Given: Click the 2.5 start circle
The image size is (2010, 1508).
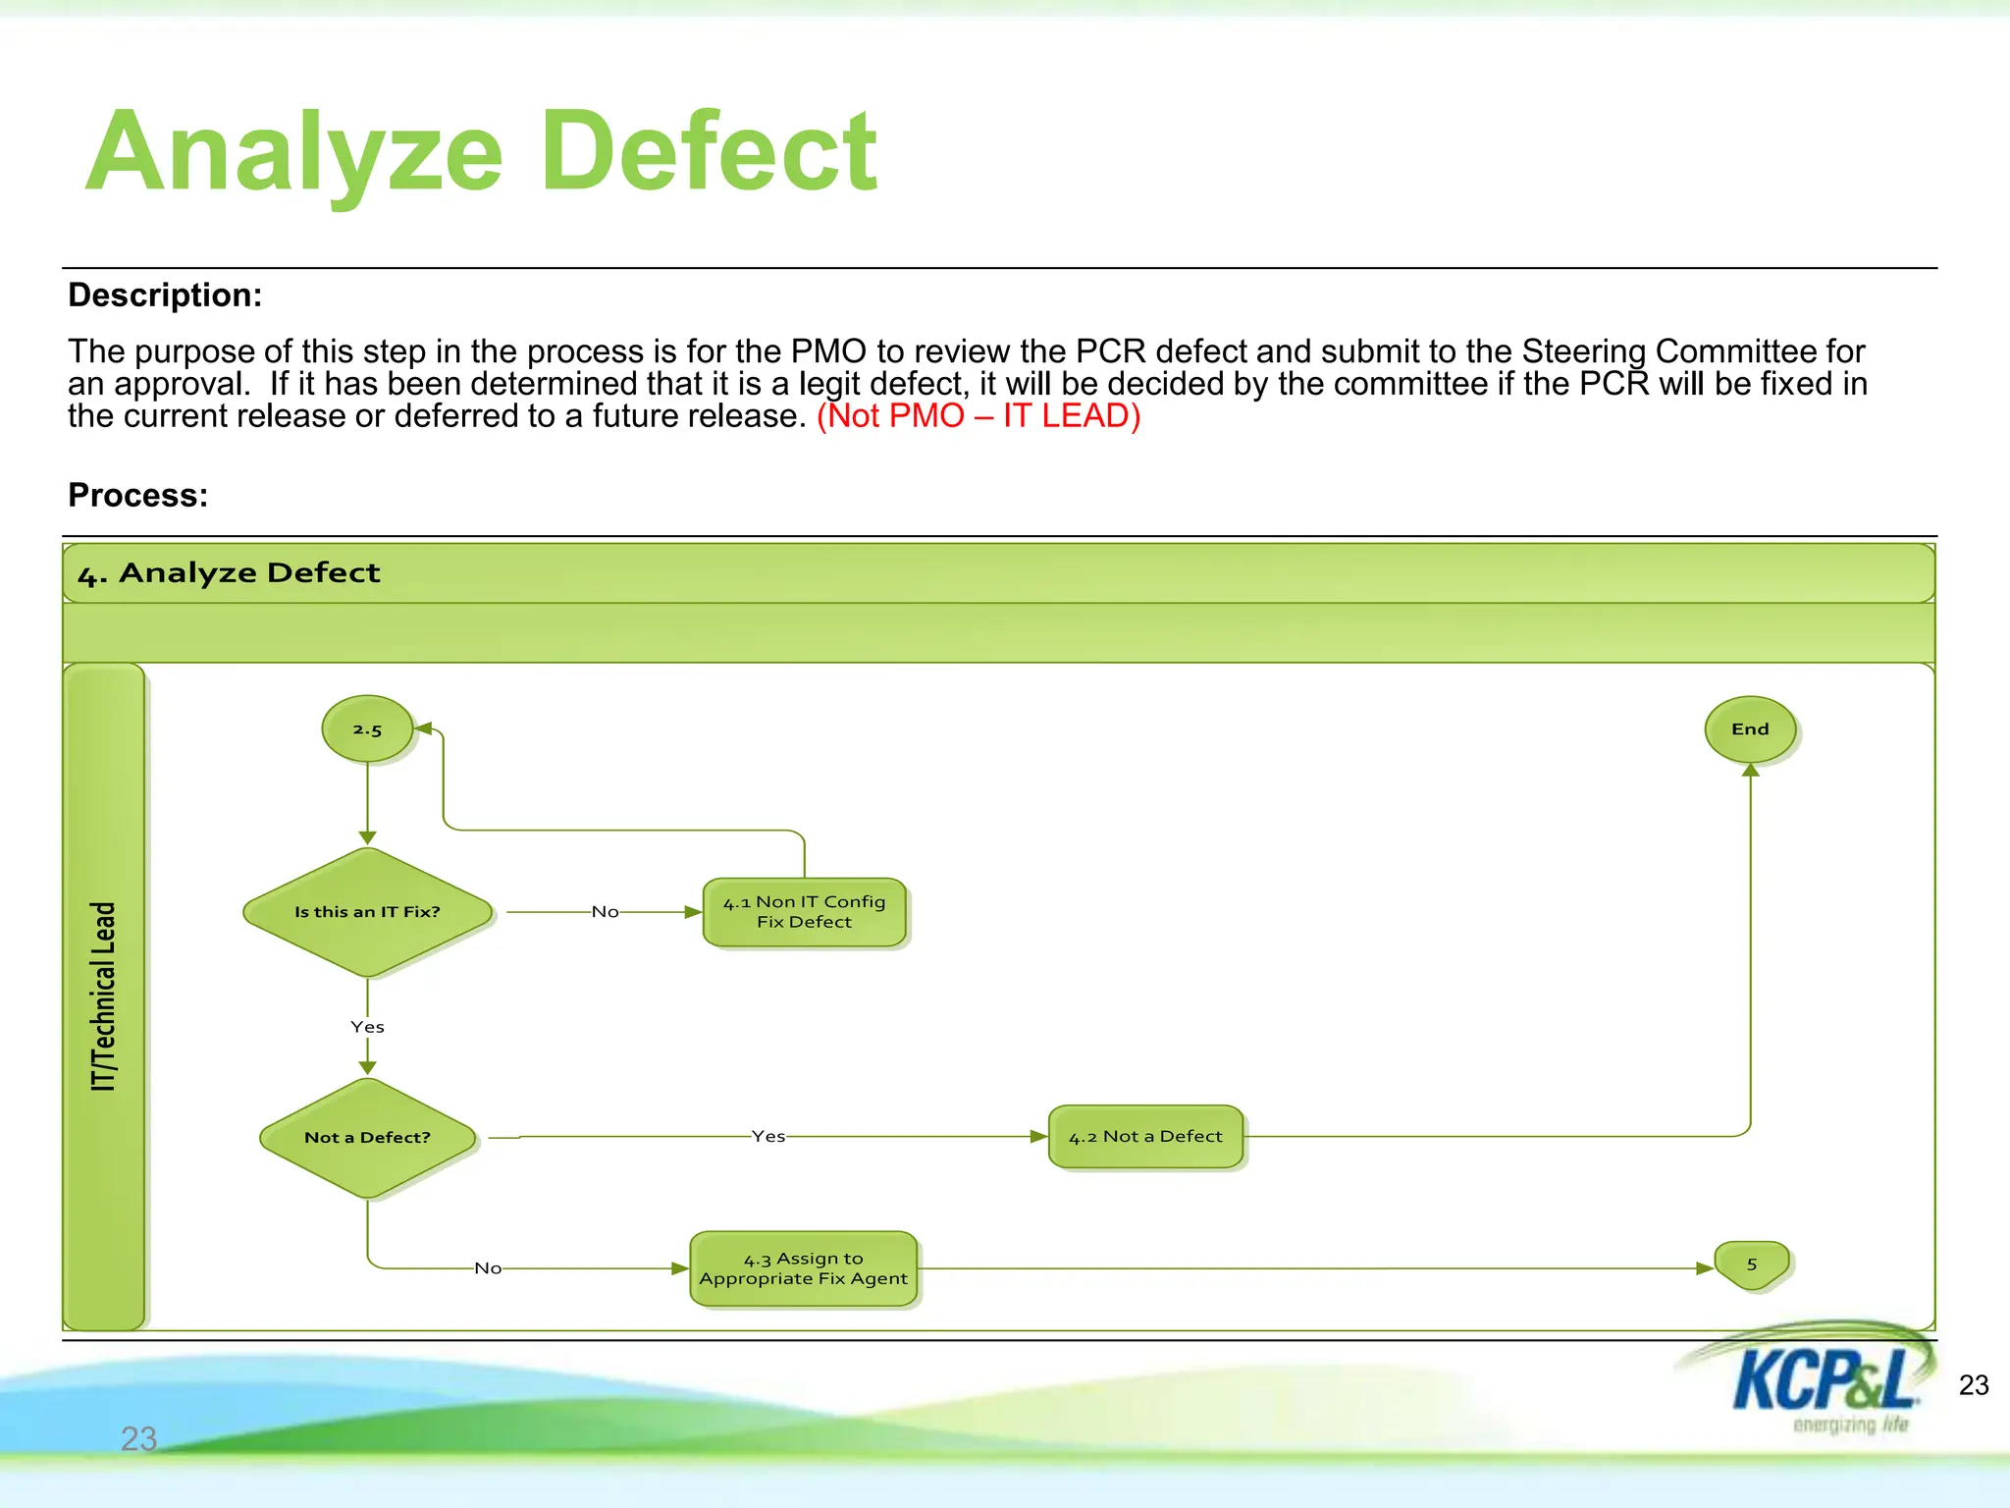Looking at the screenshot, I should [x=367, y=729].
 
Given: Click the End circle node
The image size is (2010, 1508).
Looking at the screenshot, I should [x=1750, y=729].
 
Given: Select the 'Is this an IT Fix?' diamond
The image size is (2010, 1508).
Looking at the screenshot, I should [x=367, y=912].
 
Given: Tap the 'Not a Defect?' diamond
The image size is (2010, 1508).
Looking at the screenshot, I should [x=367, y=1138].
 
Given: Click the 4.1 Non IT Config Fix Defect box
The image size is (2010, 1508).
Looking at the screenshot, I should [x=804, y=912].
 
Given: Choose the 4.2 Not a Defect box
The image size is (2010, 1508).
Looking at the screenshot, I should [x=1145, y=1137].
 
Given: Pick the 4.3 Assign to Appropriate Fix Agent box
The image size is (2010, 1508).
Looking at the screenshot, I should [x=803, y=1268].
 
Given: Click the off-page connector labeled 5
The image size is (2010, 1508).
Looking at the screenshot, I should [x=1752, y=1266].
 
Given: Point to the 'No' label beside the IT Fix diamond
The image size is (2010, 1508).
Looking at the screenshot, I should [x=606, y=912].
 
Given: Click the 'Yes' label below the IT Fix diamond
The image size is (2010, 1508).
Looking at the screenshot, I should [x=367, y=1027].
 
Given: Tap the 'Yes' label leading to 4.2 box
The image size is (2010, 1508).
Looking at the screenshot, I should [x=768, y=1136].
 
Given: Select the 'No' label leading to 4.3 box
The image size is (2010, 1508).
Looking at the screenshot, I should [x=488, y=1268].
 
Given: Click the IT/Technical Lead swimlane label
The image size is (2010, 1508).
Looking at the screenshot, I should [x=104, y=996].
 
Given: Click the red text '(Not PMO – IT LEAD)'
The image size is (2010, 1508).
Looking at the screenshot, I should [x=979, y=416].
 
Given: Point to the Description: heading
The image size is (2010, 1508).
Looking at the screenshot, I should [x=165, y=296].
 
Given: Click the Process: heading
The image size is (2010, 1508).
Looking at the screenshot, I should [x=138, y=496].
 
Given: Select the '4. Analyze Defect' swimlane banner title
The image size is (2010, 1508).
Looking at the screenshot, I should [x=229, y=573].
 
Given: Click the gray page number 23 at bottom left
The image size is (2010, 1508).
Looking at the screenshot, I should [x=138, y=1438].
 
